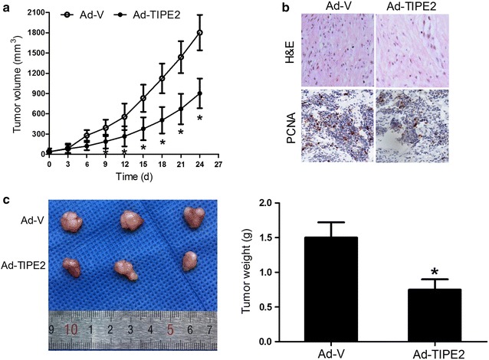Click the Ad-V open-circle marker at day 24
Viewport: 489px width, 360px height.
coord(200,33)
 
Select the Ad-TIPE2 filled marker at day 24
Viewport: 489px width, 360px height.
coord(200,93)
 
